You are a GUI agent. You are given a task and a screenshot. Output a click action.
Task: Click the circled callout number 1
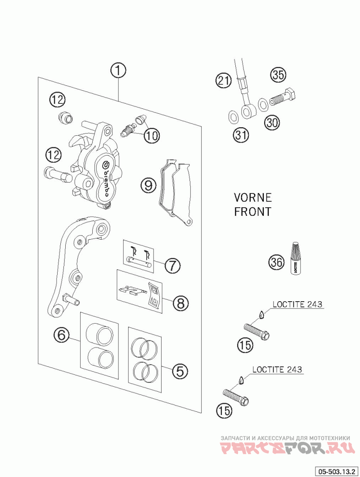pyautogui.click(x=118, y=71)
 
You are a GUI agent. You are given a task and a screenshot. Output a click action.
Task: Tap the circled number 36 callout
pyautogui.click(x=277, y=262)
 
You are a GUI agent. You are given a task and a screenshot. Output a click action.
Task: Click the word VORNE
pyautogui.click(x=252, y=198)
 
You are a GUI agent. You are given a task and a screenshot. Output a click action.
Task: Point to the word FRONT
pyautogui.click(x=252, y=212)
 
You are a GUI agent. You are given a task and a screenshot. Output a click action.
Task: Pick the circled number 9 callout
pyautogui.click(x=148, y=185)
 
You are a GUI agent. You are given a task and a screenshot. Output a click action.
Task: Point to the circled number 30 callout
pyautogui.click(x=272, y=122)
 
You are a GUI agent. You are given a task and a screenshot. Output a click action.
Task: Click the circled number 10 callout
pyautogui.click(x=152, y=135)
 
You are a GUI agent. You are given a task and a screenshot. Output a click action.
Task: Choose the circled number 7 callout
pyautogui.click(x=173, y=265)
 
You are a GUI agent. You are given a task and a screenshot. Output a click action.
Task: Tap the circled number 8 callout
pyautogui.click(x=180, y=303)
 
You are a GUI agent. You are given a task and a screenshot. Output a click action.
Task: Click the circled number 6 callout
pyautogui.click(x=62, y=335)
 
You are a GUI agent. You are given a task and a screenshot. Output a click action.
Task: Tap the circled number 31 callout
pyautogui.click(x=241, y=134)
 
